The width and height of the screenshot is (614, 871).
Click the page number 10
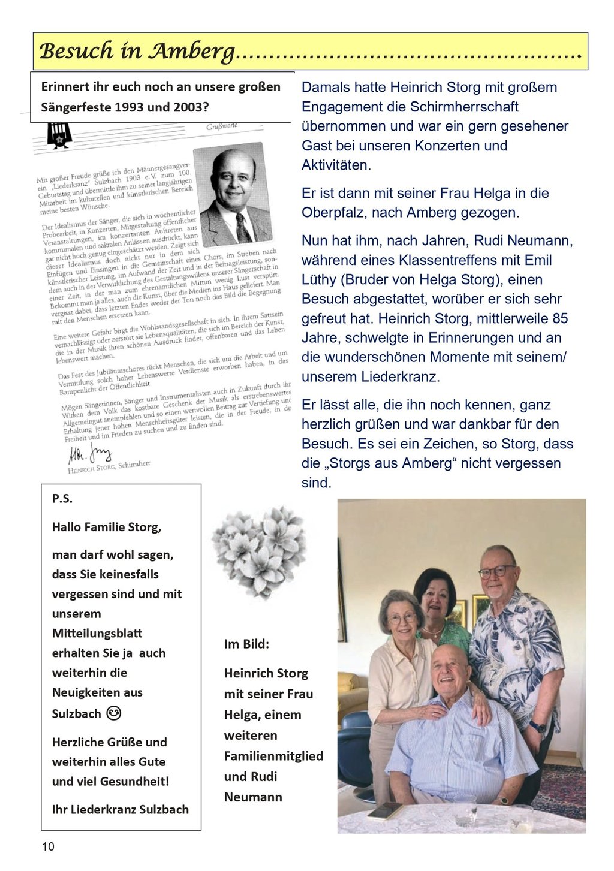coord(48,846)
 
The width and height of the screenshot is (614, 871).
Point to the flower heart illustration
coord(259,551)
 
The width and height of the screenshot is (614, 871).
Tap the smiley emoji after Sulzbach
coord(113,713)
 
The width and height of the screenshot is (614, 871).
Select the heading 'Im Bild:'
coord(246,644)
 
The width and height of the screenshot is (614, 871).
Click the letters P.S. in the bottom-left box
coord(62,498)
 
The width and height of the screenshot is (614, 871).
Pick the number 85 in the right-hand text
coord(559,318)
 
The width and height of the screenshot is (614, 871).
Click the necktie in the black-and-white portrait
coord(243,227)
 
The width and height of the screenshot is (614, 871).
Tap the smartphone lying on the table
coord(384,810)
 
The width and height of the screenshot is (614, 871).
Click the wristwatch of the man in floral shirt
coord(537,727)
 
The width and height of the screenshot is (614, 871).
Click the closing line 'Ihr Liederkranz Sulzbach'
coord(120,809)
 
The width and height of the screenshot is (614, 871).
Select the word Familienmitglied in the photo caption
coord(273,756)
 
